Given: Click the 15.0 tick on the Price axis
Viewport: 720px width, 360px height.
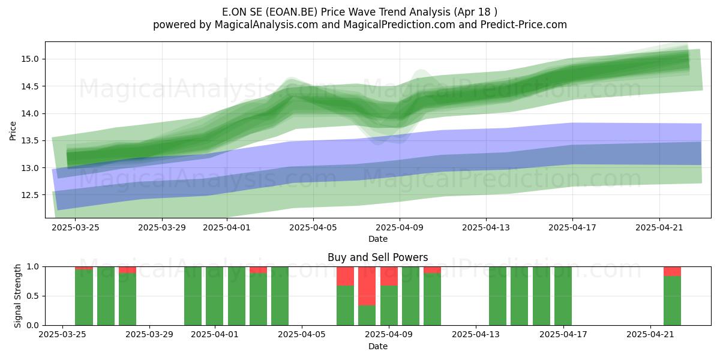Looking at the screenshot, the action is pyautogui.click(x=29, y=59).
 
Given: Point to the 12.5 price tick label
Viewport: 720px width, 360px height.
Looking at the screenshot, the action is pyautogui.click(x=29, y=195).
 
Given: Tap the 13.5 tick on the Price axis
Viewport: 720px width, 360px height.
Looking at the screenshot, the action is pyautogui.click(x=29, y=141).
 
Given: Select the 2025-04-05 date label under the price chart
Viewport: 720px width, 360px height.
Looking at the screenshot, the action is pyautogui.click(x=313, y=227).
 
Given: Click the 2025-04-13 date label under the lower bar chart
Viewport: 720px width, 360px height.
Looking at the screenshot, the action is pyautogui.click(x=476, y=335).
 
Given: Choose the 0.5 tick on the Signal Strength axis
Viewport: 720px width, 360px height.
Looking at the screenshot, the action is pyautogui.click(x=33, y=296).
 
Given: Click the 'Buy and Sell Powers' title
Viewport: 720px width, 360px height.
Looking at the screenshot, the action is pyautogui.click(x=377, y=257).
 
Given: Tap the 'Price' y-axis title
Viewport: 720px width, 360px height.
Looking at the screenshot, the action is pyautogui.click(x=13, y=131).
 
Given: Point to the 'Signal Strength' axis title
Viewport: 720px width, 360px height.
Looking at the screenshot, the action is pyautogui.click(x=17, y=296).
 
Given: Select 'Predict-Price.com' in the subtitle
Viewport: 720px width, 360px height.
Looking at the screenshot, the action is pyautogui.click(x=524, y=25).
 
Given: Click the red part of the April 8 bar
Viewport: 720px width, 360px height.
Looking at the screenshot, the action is pyautogui.click(x=367, y=286).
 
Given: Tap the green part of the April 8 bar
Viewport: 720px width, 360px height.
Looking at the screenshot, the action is pyautogui.click(x=367, y=316).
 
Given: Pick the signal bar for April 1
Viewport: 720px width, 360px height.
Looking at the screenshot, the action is pyautogui.click(x=215, y=296).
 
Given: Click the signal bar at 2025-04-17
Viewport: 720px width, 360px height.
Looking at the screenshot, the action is pyautogui.click(x=563, y=296).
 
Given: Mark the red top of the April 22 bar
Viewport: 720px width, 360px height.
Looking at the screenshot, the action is pyautogui.click(x=672, y=271).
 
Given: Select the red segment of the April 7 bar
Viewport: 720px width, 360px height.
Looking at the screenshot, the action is pyautogui.click(x=345, y=276).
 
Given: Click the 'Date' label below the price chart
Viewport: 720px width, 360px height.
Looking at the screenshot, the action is pyautogui.click(x=377, y=239).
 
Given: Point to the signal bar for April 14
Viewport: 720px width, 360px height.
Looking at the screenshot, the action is pyautogui.click(x=497, y=296).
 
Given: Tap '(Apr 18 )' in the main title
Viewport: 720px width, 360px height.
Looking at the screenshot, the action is pyautogui.click(x=475, y=12).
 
